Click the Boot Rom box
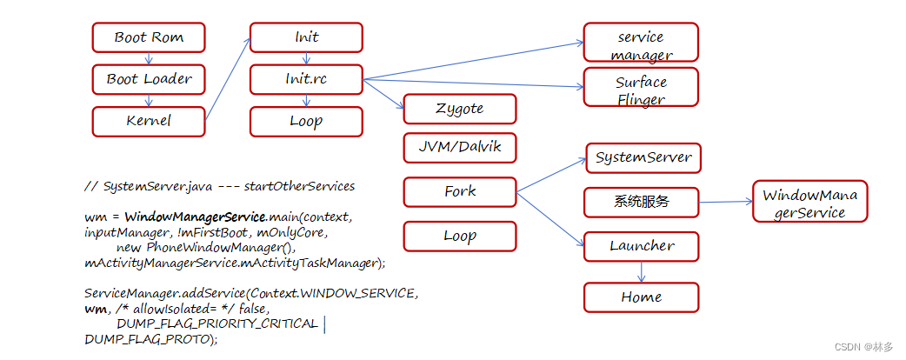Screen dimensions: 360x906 (x=149, y=37)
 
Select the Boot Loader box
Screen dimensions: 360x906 (x=149, y=79)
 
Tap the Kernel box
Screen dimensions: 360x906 (x=149, y=121)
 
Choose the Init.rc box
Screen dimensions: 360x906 (x=306, y=79)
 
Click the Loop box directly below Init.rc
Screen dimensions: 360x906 (x=306, y=121)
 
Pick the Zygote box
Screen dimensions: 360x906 (x=460, y=109)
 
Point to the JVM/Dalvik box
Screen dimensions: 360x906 (x=460, y=148)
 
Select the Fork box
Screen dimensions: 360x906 (x=460, y=191)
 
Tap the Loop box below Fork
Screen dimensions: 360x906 (x=460, y=236)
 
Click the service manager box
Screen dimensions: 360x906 (x=641, y=46)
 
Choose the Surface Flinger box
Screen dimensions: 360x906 (x=641, y=90)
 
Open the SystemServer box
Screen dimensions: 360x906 (x=643, y=157)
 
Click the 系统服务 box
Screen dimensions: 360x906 (x=641, y=203)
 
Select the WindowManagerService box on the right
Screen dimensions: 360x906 (x=809, y=203)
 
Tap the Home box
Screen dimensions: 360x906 (x=641, y=297)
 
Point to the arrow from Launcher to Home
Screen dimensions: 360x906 (x=641, y=271)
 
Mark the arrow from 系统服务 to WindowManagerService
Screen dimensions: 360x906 (x=725, y=203)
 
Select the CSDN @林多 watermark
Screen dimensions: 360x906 (x=863, y=346)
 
